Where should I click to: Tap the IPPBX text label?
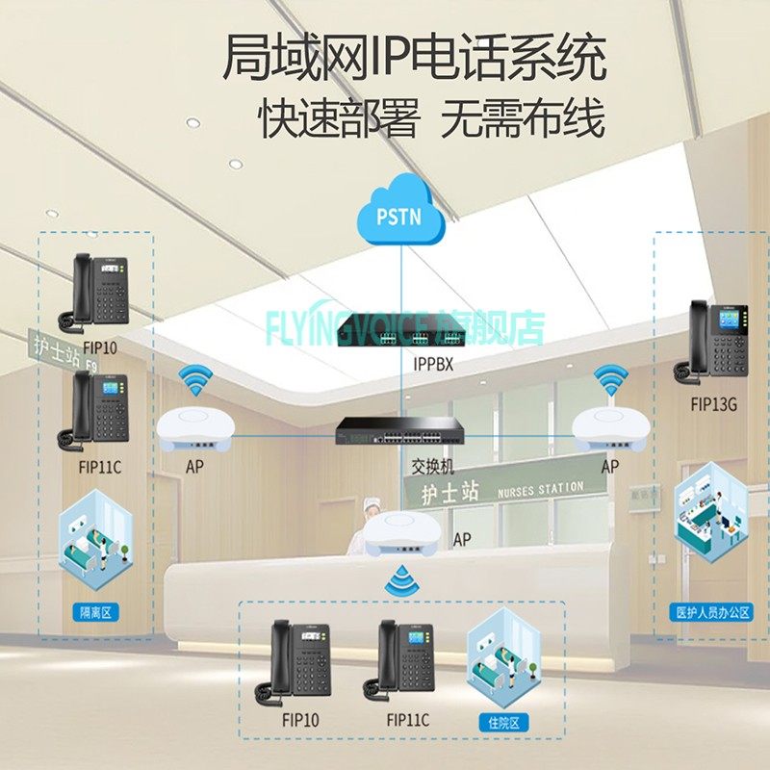click(432, 366)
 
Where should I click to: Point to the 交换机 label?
click(432, 467)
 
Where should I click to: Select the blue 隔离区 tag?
click(96, 611)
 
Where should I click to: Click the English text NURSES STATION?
click(540, 490)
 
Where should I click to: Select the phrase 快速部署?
click(339, 120)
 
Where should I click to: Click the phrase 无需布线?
click(524, 120)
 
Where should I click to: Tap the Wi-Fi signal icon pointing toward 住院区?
click(398, 578)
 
